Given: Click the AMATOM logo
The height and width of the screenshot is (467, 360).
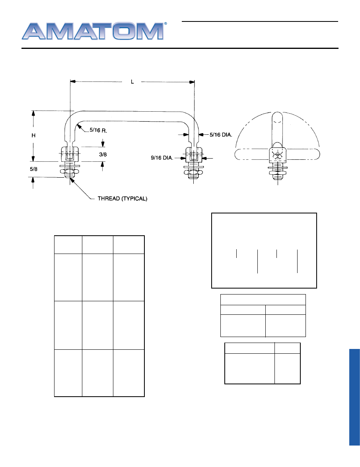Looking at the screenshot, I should (x=92, y=31).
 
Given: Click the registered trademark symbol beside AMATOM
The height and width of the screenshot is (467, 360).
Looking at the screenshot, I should (x=165, y=24).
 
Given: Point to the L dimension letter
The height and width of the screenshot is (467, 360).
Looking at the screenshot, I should (x=132, y=81).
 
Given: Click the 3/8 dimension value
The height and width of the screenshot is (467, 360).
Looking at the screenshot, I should (x=102, y=155).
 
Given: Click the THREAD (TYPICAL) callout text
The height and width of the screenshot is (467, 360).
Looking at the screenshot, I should (x=123, y=198).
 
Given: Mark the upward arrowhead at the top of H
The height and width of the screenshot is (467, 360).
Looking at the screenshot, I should (x=33, y=113).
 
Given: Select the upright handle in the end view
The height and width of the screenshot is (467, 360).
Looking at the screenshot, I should (x=277, y=127).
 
